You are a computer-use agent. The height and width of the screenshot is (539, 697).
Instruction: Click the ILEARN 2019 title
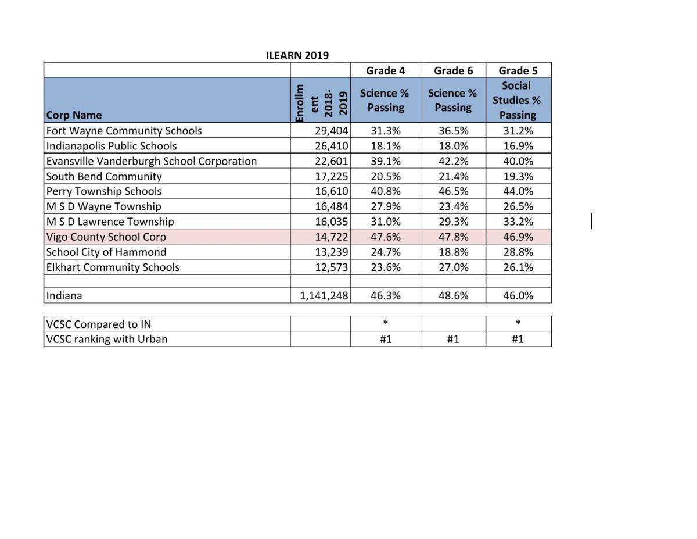297,56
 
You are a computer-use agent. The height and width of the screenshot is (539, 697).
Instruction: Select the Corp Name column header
74,115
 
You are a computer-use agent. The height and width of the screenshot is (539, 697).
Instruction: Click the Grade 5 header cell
518,70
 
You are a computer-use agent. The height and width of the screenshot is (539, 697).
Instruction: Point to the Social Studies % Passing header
517,100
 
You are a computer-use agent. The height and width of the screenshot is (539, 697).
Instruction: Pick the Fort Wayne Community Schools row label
124,131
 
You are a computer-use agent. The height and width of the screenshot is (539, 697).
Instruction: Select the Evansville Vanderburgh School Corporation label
151,161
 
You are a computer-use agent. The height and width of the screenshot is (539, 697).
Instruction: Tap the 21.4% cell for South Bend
453,176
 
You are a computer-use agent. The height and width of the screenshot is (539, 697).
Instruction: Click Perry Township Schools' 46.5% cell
453,191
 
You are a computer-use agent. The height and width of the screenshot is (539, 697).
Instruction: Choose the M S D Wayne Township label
103,206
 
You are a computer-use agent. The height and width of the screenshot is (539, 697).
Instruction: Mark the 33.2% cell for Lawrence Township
518,222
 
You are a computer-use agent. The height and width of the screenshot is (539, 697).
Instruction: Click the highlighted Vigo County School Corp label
106,237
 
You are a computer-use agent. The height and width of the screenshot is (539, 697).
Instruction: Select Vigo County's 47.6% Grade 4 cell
386,237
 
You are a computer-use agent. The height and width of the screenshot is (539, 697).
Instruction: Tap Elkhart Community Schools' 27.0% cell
453,267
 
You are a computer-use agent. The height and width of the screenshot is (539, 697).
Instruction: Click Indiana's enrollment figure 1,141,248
324,295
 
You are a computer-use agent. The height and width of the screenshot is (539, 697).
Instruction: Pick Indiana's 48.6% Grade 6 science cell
453,295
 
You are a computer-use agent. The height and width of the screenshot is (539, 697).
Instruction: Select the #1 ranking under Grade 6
453,339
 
